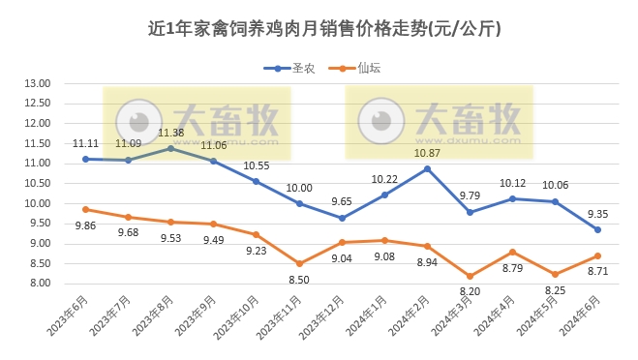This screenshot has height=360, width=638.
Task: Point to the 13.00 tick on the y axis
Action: tap(37, 83)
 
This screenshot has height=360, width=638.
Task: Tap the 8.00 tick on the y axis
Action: tap(37, 283)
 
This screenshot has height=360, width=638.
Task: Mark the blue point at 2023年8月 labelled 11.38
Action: tap(170, 148)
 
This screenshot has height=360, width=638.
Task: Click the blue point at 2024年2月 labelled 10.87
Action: tap(427, 168)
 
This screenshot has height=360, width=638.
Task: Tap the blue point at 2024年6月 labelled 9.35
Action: tap(597, 229)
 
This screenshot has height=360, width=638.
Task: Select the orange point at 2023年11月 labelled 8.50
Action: tap(299, 263)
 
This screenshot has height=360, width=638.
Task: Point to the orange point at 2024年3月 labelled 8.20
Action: tap(470, 276)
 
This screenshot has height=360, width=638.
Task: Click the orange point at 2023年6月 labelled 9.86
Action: tap(85, 209)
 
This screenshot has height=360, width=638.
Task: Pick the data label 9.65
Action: tap(342, 202)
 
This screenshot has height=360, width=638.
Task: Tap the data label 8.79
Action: tap(512, 270)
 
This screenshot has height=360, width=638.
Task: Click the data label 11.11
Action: tap(85, 143)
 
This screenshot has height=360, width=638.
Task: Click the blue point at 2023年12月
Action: tap(342, 218)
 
